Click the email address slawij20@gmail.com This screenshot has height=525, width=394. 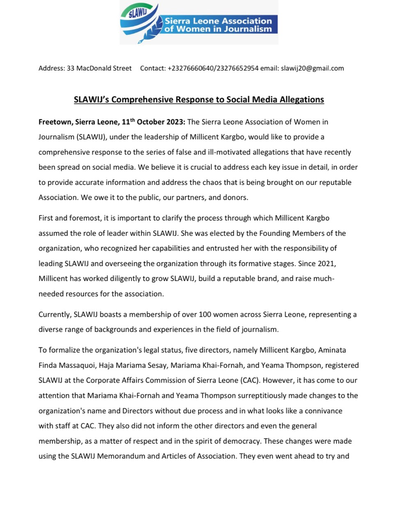click(x=312, y=68)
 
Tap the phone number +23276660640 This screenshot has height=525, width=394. click(x=190, y=68)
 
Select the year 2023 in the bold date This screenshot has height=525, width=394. click(x=174, y=122)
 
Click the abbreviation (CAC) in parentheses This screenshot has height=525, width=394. click(x=250, y=381)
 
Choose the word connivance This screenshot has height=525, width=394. click(x=323, y=411)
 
